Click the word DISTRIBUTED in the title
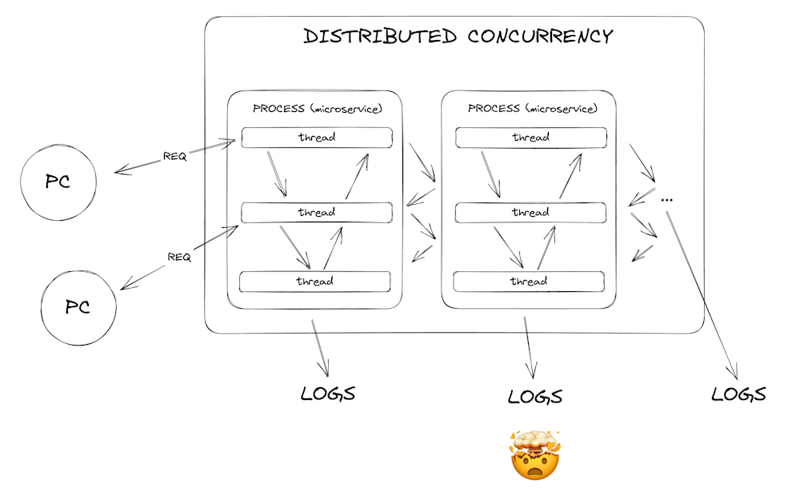point(380,36)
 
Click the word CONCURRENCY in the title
point(541,36)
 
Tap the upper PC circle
point(58,182)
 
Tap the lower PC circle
point(78,307)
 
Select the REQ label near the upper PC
point(175,156)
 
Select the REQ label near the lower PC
point(179,257)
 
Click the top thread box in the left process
point(317,138)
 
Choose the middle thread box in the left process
point(317,212)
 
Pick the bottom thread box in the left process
point(315,282)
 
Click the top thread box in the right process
point(531,138)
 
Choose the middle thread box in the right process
point(530,212)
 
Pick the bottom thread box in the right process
point(529,282)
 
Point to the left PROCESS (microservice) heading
point(318,109)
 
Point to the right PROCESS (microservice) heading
point(533,109)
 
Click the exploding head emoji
point(535,455)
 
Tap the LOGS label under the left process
point(328,394)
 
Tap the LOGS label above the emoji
point(535,397)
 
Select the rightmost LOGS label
point(739,394)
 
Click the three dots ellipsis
point(666,200)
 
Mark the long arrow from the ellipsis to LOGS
point(702,295)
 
